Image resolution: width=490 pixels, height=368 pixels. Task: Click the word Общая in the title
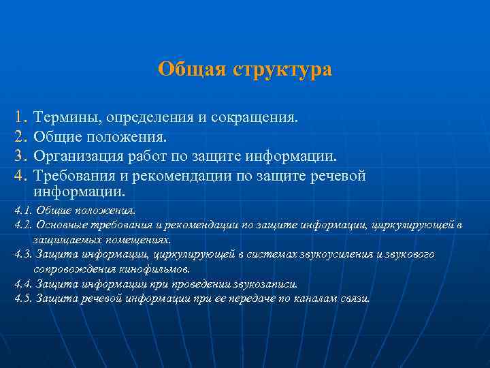click(x=193, y=70)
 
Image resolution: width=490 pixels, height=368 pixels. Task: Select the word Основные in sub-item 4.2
click(x=59, y=225)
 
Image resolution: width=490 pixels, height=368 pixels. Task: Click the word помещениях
click(x=144, y=240)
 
